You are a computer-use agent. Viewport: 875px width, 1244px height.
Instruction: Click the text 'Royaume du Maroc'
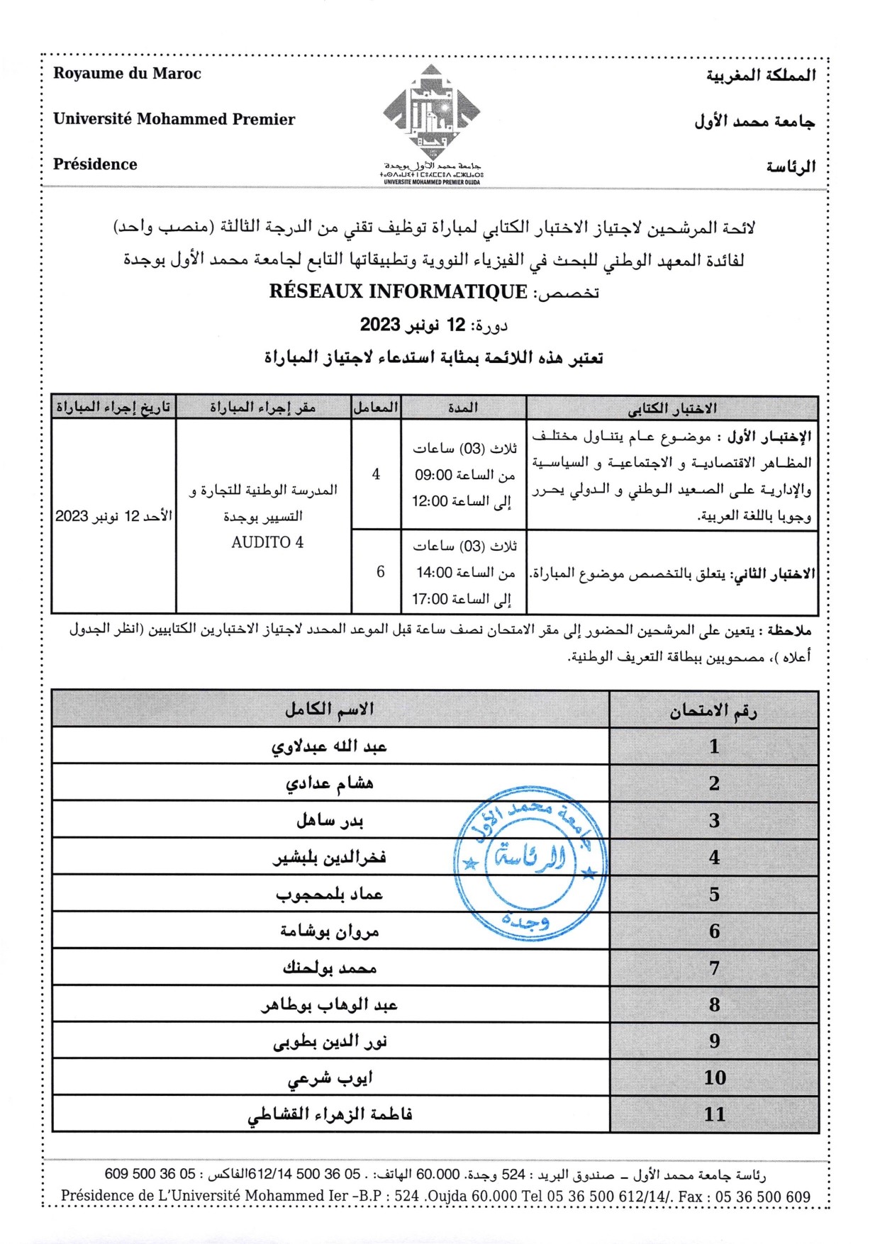click(x=127, y=74)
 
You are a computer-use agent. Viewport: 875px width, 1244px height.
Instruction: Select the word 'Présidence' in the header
click(x=95, y=164)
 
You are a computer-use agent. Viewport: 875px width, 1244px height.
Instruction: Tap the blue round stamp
click(x=530, y=862)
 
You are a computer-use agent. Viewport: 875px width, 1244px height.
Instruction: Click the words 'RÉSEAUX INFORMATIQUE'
click(x=398, y=292)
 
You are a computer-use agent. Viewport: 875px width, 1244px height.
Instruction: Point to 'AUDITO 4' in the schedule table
click(x=267, y=542)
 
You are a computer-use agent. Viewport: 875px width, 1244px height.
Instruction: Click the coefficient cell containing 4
click(x=376, y=474)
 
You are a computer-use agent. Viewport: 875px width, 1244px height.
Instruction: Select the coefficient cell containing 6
click(x=380, y=571)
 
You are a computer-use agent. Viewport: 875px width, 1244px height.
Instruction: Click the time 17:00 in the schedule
click(x=430, y=599)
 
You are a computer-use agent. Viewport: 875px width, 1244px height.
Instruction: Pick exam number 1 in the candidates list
click(x=713, y=746)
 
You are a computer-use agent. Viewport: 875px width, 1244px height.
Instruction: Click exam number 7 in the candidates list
click(x=713, y=968)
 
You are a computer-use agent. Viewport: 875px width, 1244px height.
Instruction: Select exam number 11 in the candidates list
click(x=713, y=1114)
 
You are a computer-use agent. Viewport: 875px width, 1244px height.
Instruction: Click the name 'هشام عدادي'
click(x=330, y=783)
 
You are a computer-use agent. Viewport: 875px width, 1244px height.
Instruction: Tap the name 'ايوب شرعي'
click(x=330, y=1078)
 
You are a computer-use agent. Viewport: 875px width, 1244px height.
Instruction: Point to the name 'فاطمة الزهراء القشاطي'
click(x=330, y=1114)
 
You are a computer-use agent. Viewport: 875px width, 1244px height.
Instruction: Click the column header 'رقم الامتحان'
click(x=713, y=710)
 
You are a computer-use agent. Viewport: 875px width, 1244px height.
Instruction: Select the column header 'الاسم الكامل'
click(x=330, y=709)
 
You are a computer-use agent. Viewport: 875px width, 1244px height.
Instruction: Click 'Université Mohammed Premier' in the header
click(x=174, y=119)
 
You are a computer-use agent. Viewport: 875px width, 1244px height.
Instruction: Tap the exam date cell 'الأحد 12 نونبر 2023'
click(x=113, y=516)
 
